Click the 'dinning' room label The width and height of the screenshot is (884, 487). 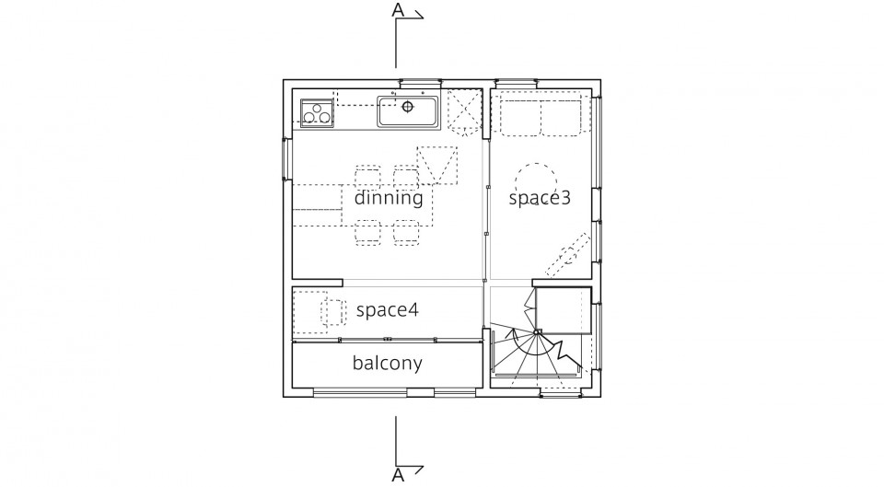(x=389, y=198)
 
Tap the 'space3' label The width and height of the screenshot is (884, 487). (x=540, y=198)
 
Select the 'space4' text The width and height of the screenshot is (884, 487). (x=388, y=310)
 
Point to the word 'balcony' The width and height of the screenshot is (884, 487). (x=388, y=363)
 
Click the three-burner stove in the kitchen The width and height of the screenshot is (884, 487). (x=316, y=112)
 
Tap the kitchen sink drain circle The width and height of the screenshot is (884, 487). (x=408, y=106)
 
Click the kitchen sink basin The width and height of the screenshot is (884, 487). (x=408, y=111)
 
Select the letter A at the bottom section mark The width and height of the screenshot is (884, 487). (x=398, y=476)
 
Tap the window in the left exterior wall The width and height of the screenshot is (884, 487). (x=287, y=159)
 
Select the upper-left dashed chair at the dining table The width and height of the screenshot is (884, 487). (x=367, y=176)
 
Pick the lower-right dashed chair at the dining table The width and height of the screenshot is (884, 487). (x=406, y=233)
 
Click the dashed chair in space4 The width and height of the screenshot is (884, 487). (x=333, y=312)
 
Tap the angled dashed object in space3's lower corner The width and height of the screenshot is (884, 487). (x=567, y=255)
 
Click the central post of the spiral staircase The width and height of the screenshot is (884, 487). (x=537, y=332)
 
